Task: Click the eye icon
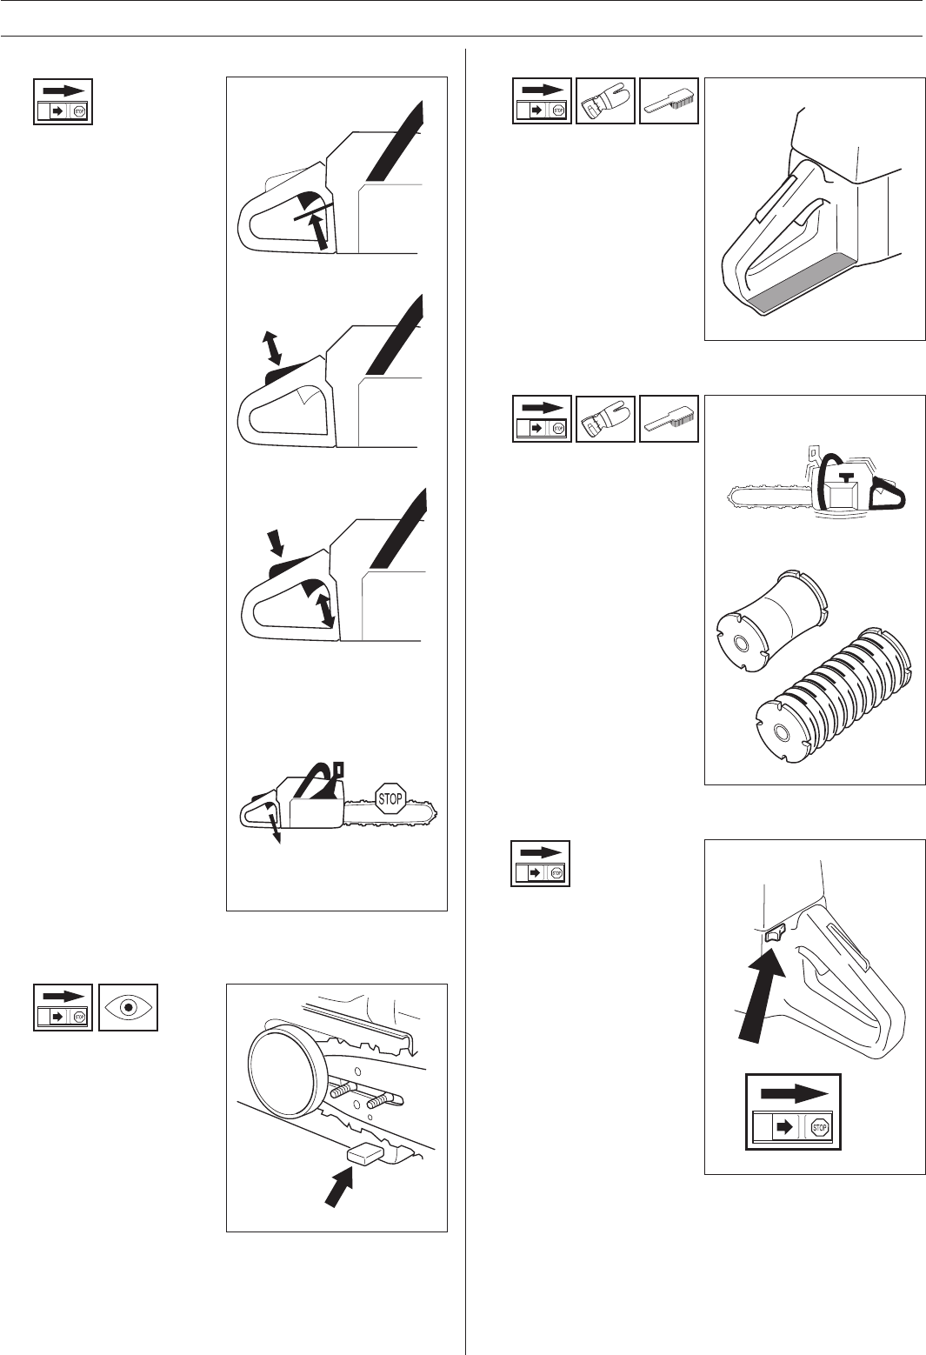tap(129, 1007)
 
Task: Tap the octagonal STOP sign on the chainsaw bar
tap(390, 798)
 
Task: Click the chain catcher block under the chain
tap(365, 1154)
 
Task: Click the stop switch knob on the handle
tap(775, 934)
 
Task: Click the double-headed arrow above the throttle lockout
tap(274, 346)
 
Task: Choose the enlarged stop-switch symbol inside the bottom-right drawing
tap(794, 1111)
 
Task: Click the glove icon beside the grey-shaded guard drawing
tap(606, 102)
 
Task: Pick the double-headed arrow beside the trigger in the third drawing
tap(327, 609)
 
